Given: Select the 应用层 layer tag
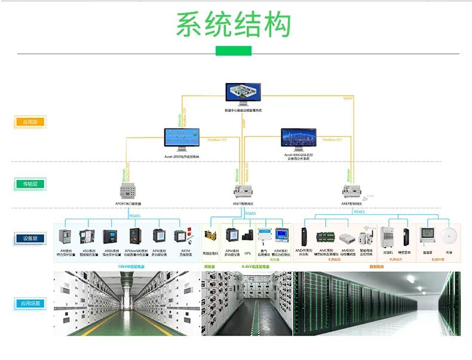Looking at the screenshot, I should point(29,122).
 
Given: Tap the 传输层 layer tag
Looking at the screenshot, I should point(29,184).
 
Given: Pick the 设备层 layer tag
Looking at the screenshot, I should point(29,239).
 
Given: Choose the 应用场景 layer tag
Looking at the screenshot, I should point(29,304).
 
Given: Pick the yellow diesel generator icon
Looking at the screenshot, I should point(209,234).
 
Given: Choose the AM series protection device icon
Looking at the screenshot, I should point(66,236).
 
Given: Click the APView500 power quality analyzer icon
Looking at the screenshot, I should point(136,236).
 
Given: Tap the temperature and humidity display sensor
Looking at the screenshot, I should point(427,234).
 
